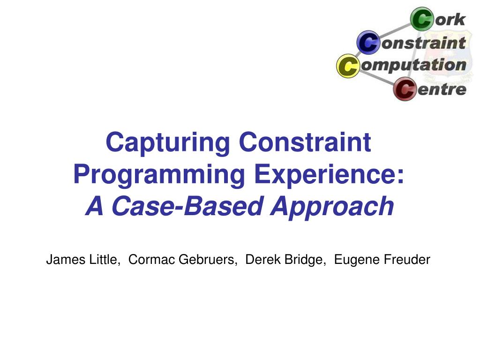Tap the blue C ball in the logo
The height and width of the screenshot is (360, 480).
click(x=368, y=43)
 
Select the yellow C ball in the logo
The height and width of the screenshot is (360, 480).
click(x=348, y=66)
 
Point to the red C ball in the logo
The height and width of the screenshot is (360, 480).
click(x=404, y=89)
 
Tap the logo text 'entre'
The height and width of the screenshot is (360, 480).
click(x=442, y=89)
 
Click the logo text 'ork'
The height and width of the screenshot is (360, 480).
click(x=450, y=20)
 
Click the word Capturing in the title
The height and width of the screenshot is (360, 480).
click(x=168, y=142)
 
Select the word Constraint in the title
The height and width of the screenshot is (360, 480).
click(x=305, y=142)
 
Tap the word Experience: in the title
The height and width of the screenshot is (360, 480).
click(x=329, y=175)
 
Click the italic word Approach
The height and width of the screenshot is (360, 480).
click(x=332, y=207)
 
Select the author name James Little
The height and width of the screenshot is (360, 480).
click(x=82, y=260)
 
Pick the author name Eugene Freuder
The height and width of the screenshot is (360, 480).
click(x=382, y=260)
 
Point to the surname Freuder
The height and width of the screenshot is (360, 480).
click(x=406, y=260)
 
